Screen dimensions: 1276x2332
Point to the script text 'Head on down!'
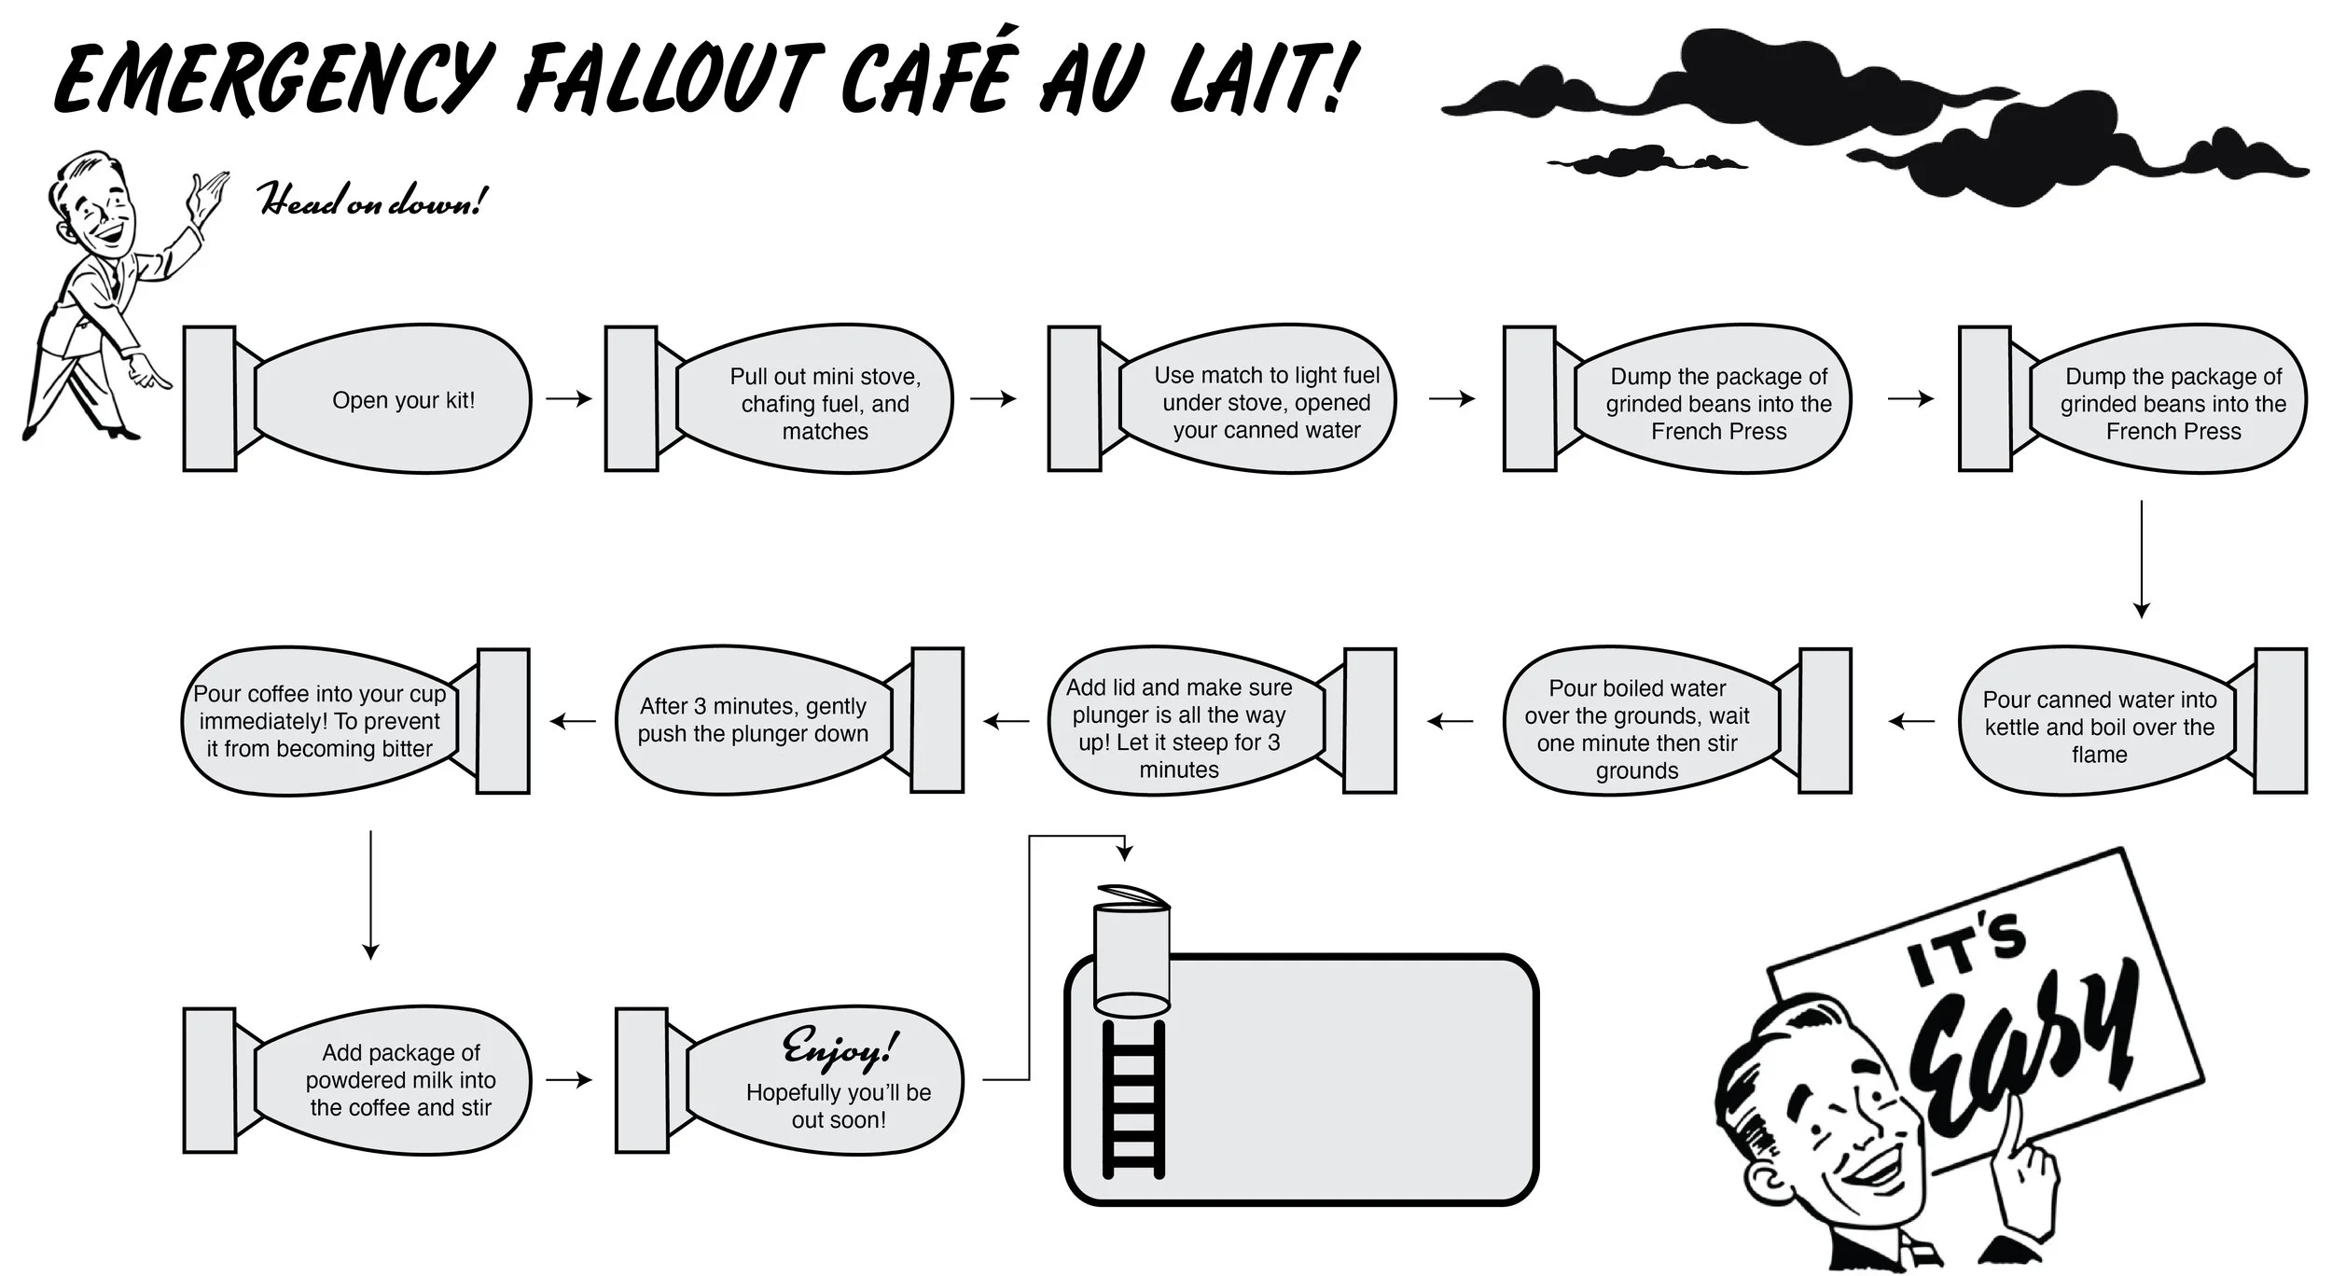click(x=371, y=200)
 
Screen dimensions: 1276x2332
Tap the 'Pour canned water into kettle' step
click(x=2099, y=726)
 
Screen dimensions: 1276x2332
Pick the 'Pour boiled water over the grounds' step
click(x=1637, y=728)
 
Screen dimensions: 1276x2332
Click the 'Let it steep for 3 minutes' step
click(x=1179, y=728)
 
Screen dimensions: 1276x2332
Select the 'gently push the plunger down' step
click(x=753, y=720)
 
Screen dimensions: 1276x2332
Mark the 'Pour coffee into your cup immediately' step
click(x=320, y=721)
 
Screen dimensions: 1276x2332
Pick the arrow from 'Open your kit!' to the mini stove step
click(x=569, y=399)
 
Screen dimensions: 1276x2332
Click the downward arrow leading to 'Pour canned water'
click(x=2142, y=559)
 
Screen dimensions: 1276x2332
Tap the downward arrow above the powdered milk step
click(x=371, y=895)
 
